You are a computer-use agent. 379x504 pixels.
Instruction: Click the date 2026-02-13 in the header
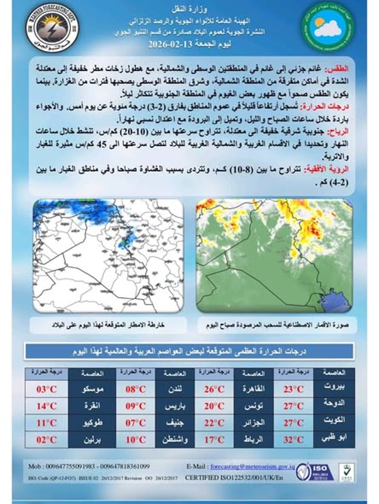pos(174,45)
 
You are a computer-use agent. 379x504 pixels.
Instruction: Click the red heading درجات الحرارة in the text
pos(325,106)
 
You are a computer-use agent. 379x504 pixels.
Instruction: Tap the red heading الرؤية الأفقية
pos(327,168)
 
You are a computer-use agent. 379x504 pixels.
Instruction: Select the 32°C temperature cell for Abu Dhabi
pos(293,440)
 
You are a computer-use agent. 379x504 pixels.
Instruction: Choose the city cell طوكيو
pos(94,423)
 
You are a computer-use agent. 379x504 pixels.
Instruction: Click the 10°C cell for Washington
pos(136,440)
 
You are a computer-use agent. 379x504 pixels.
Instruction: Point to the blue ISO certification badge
pos(316,471)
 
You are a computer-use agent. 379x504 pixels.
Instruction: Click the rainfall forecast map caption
pos(108,325)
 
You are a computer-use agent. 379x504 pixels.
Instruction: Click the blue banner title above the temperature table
pos(189,351)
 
